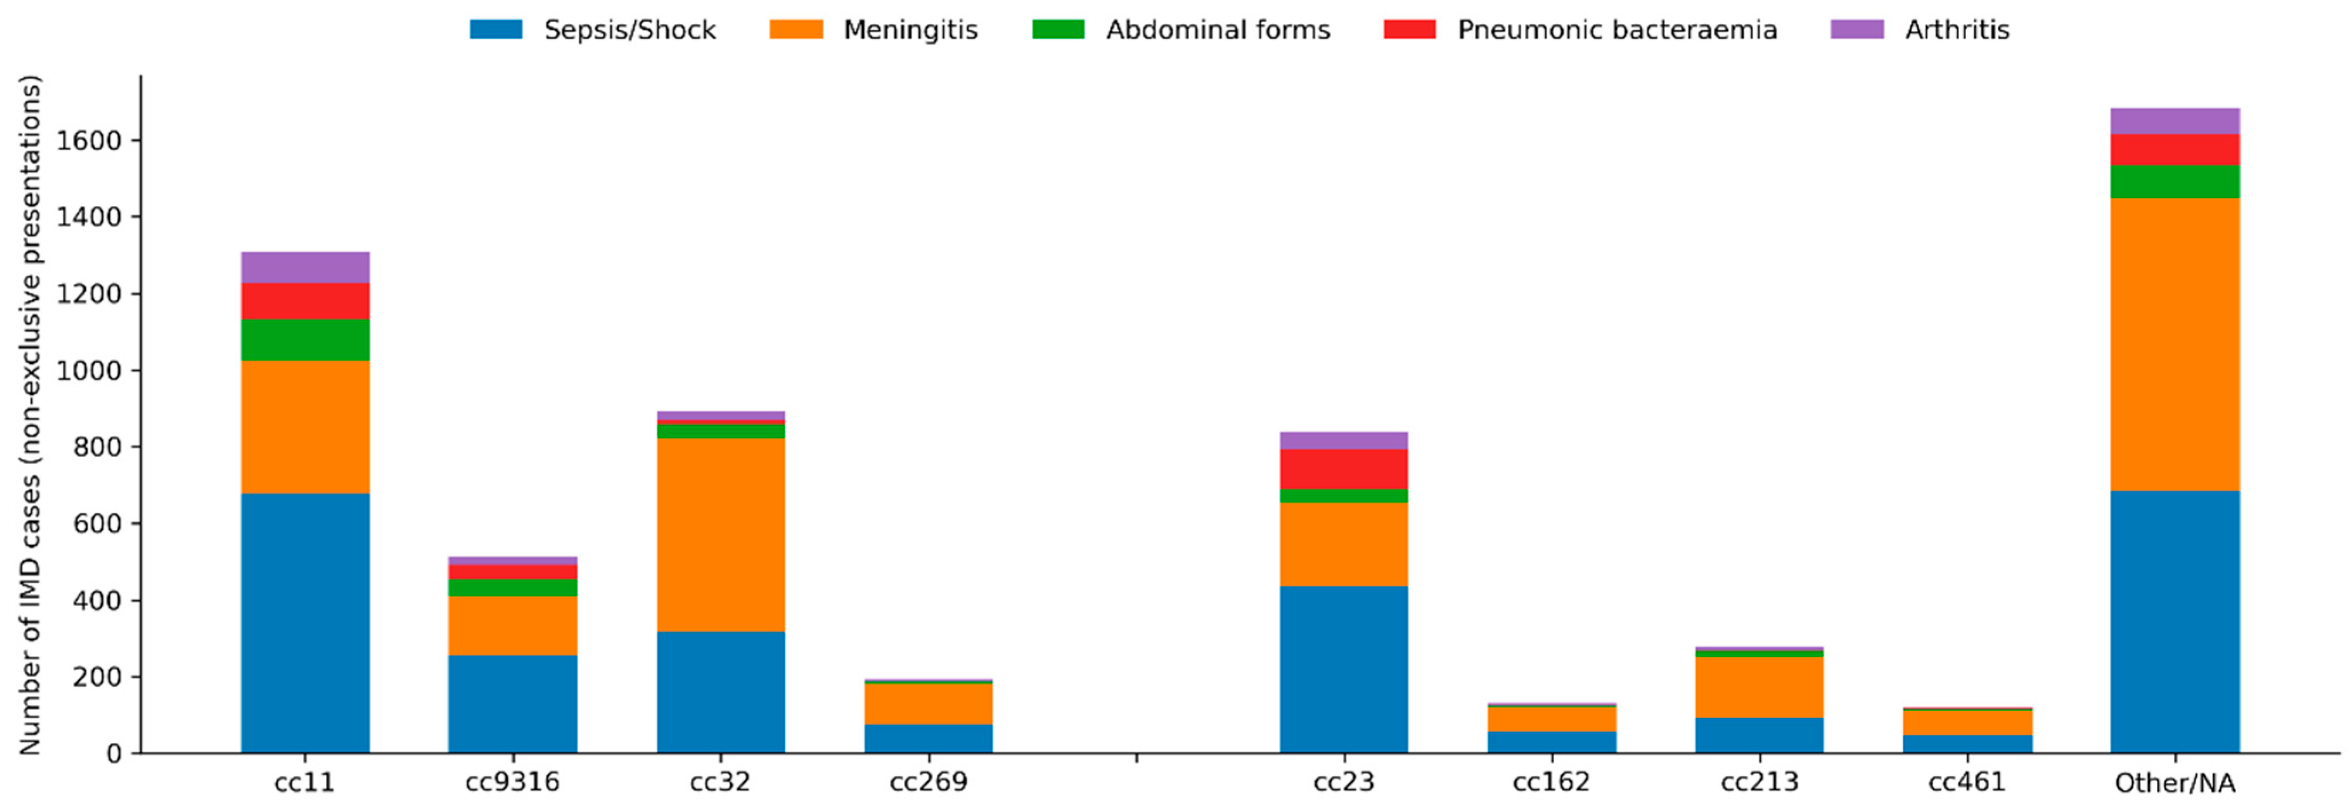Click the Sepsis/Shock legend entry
pyautogui.click(x=593, y=30)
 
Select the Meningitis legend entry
pyautogui.click(x=873, y=30)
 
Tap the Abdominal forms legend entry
pyautogui.click(x=1181, y=30)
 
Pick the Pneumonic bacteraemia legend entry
pyautogui.click(x=1580, y=30)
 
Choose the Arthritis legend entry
pyautogui.click(x=1920, y=30)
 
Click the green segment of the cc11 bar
pyautogui.click(x=305, y=340)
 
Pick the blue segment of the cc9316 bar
pyautogui.click(x=512, y=703)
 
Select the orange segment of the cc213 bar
pyautogui.click(x=1759, y=687)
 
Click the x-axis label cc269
pyautogui.click(x=928, y=782)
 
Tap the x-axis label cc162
pyautogui.click(x=1551, y=782)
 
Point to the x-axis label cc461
pyautogui.click(x=1967, y=782)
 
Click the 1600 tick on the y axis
pyautogui.click(x=89, y=141)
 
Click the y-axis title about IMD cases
pyautogui.click(x=30, y=415)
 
